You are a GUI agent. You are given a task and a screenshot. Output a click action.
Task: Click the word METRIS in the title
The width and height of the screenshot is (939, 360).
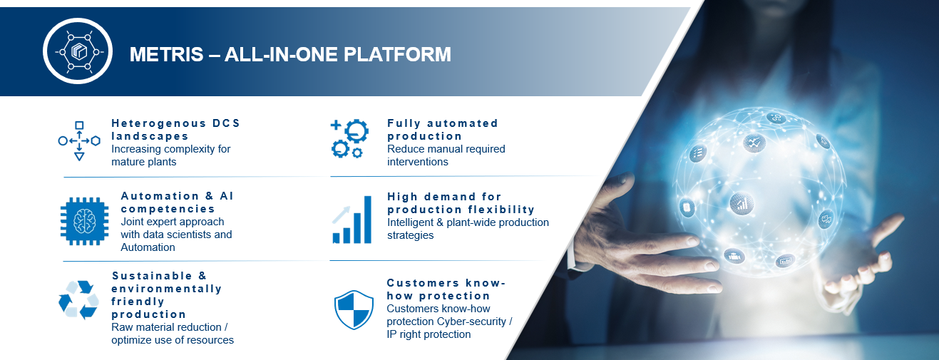click(x=166, y=54)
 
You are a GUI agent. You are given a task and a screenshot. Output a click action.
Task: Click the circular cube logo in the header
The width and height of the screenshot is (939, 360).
click(x=78, y=51)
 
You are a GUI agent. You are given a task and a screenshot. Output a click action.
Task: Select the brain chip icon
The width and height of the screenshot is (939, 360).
click(x=84, y=221)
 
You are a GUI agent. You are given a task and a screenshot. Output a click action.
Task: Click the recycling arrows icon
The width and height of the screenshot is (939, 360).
click(x=79, y=299)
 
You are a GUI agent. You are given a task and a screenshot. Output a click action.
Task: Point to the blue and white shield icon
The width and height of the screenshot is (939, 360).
click(x=354, y=309)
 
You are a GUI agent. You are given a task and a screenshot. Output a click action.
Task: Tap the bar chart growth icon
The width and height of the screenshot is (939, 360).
click(x=352, y=220)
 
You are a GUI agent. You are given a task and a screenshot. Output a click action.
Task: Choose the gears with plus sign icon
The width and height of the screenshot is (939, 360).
click(x=349, y=138)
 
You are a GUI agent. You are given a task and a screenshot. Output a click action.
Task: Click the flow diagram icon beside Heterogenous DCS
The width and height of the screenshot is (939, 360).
click(x=79, y=141)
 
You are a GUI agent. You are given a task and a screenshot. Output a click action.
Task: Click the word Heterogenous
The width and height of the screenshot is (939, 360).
click(x=159, y=123)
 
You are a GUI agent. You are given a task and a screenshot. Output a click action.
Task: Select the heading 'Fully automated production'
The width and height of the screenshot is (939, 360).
click(x=443, y=130)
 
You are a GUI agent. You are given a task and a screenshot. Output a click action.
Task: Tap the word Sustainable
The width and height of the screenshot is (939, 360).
click(x=152, y=276)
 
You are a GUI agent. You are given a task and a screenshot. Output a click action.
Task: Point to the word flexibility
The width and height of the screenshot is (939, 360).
click(x=501, y=210)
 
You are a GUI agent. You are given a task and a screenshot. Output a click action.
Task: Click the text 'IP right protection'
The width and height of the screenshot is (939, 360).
click(x=429, y=334)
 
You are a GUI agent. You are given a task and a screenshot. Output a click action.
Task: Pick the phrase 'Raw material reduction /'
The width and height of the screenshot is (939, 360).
click(x=170, y=327)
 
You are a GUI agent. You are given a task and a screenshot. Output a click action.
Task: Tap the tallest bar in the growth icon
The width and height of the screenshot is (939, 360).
click(x=368, y=220)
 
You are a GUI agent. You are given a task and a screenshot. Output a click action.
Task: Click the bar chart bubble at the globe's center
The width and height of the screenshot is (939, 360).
click(x=742, y=204)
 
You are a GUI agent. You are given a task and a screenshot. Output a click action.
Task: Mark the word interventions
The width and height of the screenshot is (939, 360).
click(x=418, y=162)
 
